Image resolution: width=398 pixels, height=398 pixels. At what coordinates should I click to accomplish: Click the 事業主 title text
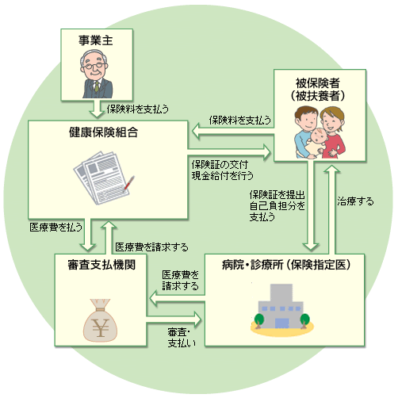click(x=96, y=40)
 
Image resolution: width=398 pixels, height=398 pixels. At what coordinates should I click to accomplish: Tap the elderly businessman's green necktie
click(x=97, y=86)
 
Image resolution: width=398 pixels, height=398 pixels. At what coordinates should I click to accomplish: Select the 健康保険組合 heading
click(x=103, y=132)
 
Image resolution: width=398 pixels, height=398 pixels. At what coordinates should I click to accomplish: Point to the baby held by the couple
click(x=318, y=143)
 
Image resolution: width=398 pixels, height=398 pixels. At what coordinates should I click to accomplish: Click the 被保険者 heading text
click(x=317, y=83)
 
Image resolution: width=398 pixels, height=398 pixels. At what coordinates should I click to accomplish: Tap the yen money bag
click(x=100, y=320)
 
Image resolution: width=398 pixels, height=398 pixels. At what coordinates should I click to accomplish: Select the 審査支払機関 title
click(x=101, y=265)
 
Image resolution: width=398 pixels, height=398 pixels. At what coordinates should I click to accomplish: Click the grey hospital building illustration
click(x=281, y=306)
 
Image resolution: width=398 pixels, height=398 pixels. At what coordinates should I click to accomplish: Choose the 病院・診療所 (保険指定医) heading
click(x=286, y=265)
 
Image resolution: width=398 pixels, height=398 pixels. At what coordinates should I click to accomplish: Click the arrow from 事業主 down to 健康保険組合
click(x=97, y=109)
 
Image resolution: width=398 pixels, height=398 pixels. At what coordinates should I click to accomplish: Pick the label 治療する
click(x=355, y=201)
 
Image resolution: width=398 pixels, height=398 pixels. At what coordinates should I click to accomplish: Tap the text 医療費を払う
click(x=55, y=227)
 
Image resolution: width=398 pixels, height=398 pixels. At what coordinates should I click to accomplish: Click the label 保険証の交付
click(x=220, y=165)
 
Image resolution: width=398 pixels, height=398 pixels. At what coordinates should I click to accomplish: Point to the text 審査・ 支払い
click(x=182, y=338)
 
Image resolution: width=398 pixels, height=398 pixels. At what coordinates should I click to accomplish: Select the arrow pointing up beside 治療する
click(x=331, y=209)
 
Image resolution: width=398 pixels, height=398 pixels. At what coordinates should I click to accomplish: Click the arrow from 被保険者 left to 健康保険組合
click(x=233, y=131)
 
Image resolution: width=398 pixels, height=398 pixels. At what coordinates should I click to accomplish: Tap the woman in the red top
click(x=333, y=132)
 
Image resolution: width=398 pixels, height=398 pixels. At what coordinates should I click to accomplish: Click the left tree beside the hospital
click(x=259, y=320)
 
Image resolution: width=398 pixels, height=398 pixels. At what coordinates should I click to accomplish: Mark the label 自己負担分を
click(x=277, y=206)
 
